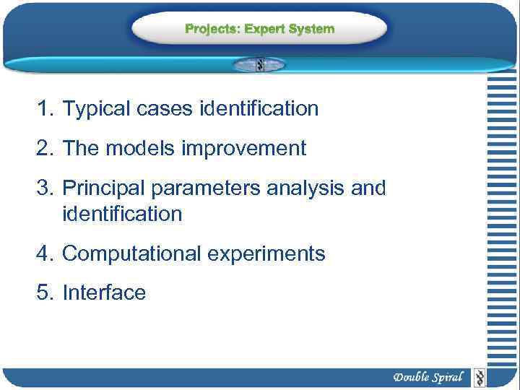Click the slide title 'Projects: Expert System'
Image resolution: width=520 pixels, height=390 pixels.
click(259, 29)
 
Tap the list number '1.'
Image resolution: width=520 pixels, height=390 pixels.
click(45, 109)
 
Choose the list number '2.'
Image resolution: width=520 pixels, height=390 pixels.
click(45, 149)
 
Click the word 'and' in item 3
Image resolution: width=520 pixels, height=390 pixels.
click(369, 188)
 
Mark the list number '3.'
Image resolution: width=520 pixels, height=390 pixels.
click(45, 188)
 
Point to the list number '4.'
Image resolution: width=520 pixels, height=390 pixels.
click(45, 254)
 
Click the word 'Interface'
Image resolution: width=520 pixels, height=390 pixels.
click(104, 293)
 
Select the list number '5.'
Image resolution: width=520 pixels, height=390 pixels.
click(45, 293)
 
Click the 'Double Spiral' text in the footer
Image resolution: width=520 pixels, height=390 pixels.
click(428, 377)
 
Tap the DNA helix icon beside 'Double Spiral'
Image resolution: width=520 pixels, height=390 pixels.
click(479, 377)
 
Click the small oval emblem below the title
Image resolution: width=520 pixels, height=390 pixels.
click(259, 64)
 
